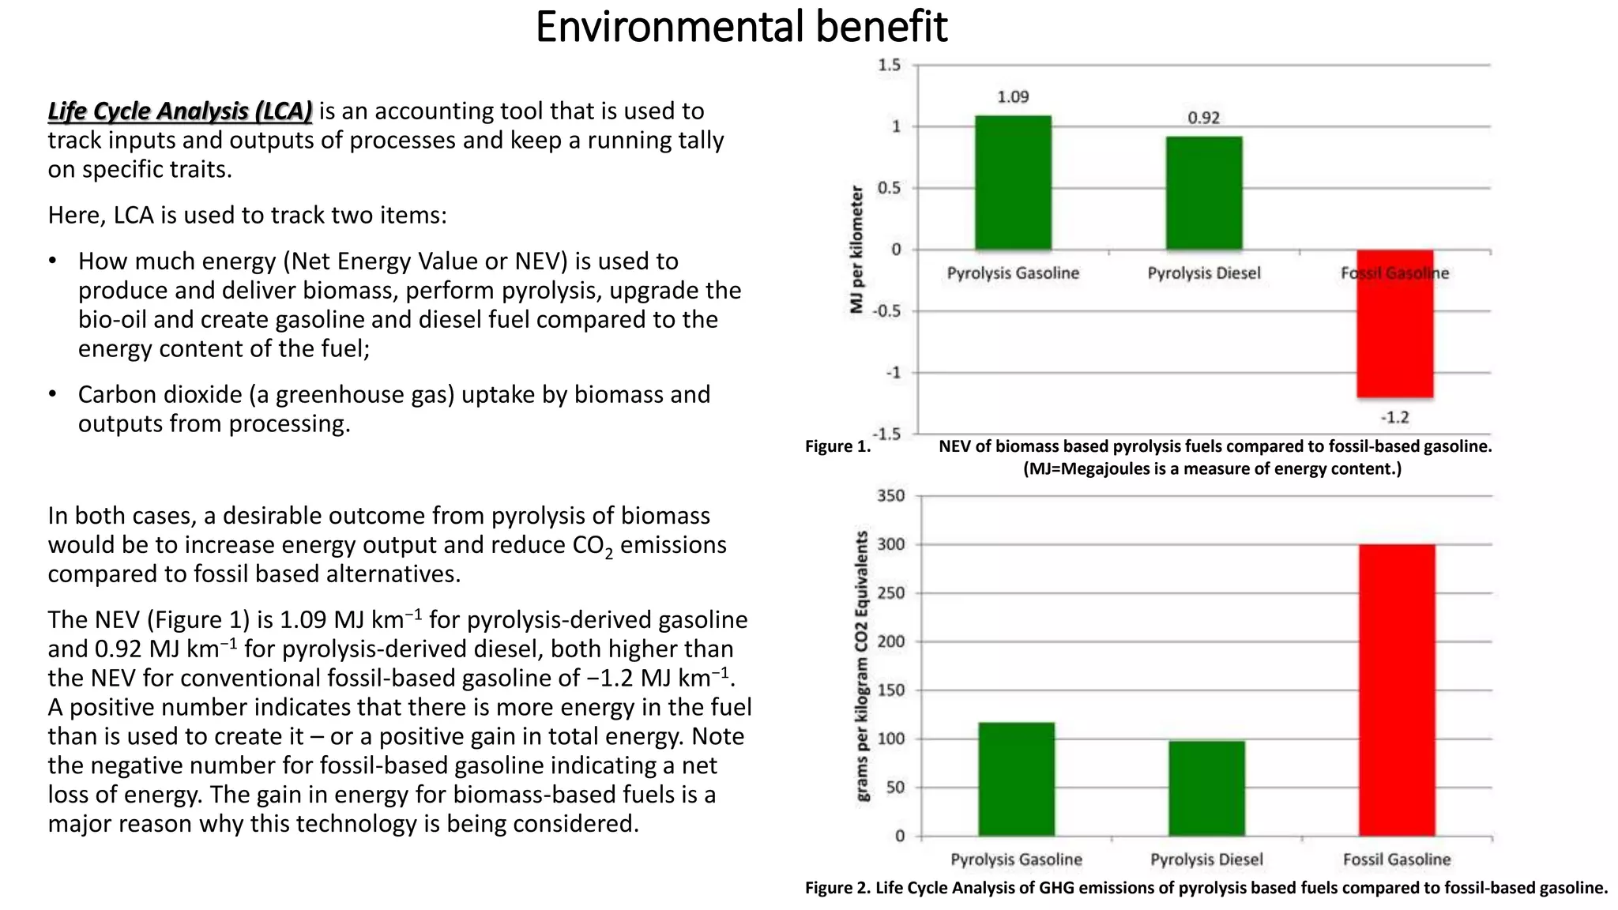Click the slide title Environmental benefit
[x=740, y=27]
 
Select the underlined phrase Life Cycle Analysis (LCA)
[x=179, y=111]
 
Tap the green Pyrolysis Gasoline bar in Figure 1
[x=1013, y=182]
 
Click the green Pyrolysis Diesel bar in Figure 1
[x=1203, y=193]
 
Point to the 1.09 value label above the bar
[x=1013, y=97]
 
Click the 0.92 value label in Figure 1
[x=1203, y=118]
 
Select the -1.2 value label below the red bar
[x=1394, y=417]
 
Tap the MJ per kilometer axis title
[x=857, y=249]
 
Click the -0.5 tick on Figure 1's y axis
[x=887, y=311]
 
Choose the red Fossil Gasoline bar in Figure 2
[x=1397, y=690]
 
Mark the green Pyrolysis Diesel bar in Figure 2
[x=1206, y=788]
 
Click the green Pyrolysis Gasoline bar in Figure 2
[x=1016, y=779]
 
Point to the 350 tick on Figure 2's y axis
[x=890, y=496]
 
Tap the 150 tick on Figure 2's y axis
[x=890, y=690]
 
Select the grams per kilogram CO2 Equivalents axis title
[x=862, y=665]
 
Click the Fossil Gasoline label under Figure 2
[x=1397, y=859]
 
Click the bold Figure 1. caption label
[x=837, y=446]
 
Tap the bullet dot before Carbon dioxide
[x=52, y=394]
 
